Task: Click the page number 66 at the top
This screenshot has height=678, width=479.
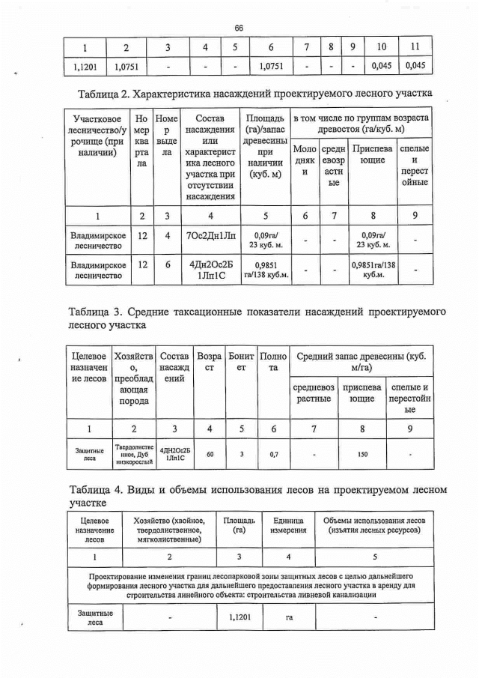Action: point(239,28)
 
